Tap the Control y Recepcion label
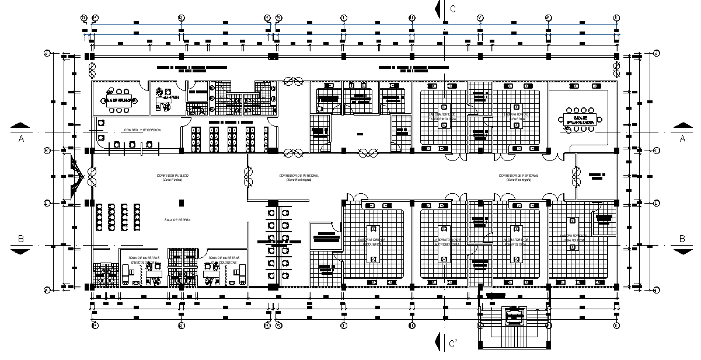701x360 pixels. (142, 130)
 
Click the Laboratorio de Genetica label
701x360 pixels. (518, 117)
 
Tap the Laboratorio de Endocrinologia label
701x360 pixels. (442, 116)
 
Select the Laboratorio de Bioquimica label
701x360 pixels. (372, 242)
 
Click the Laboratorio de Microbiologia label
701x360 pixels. (447, 242)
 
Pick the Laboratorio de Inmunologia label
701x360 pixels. (517, 242)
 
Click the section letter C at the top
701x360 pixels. (452, 8)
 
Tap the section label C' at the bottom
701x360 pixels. (454, 344)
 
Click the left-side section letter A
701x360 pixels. (21, 138)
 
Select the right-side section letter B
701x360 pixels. (681, 239)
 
